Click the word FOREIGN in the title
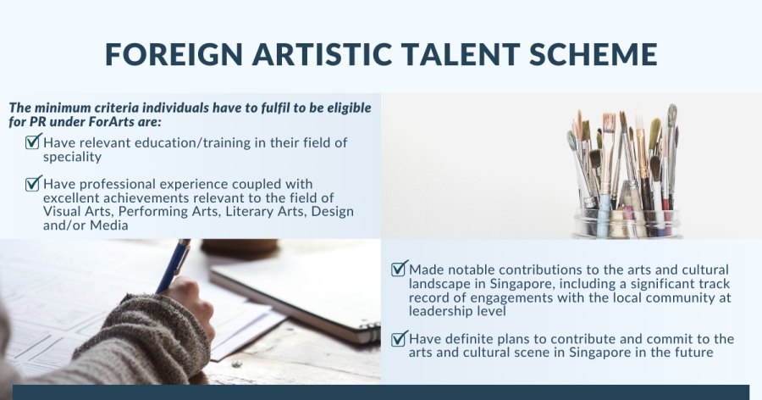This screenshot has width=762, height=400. (174, 54)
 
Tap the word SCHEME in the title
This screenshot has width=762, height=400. (593, 54)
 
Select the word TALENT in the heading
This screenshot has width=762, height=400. (461, 54)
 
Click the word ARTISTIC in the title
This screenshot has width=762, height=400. (323, 54)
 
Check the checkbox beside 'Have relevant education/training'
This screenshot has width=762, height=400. (33, 142)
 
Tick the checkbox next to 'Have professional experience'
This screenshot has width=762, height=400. (33, 183)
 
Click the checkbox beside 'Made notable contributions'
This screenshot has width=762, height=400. (399, 268)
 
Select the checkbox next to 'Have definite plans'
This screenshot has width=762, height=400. (399, 338)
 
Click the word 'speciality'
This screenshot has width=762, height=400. (73, 157)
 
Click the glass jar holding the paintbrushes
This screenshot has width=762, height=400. (626, 222)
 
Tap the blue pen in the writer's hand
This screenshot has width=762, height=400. (173, 266)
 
